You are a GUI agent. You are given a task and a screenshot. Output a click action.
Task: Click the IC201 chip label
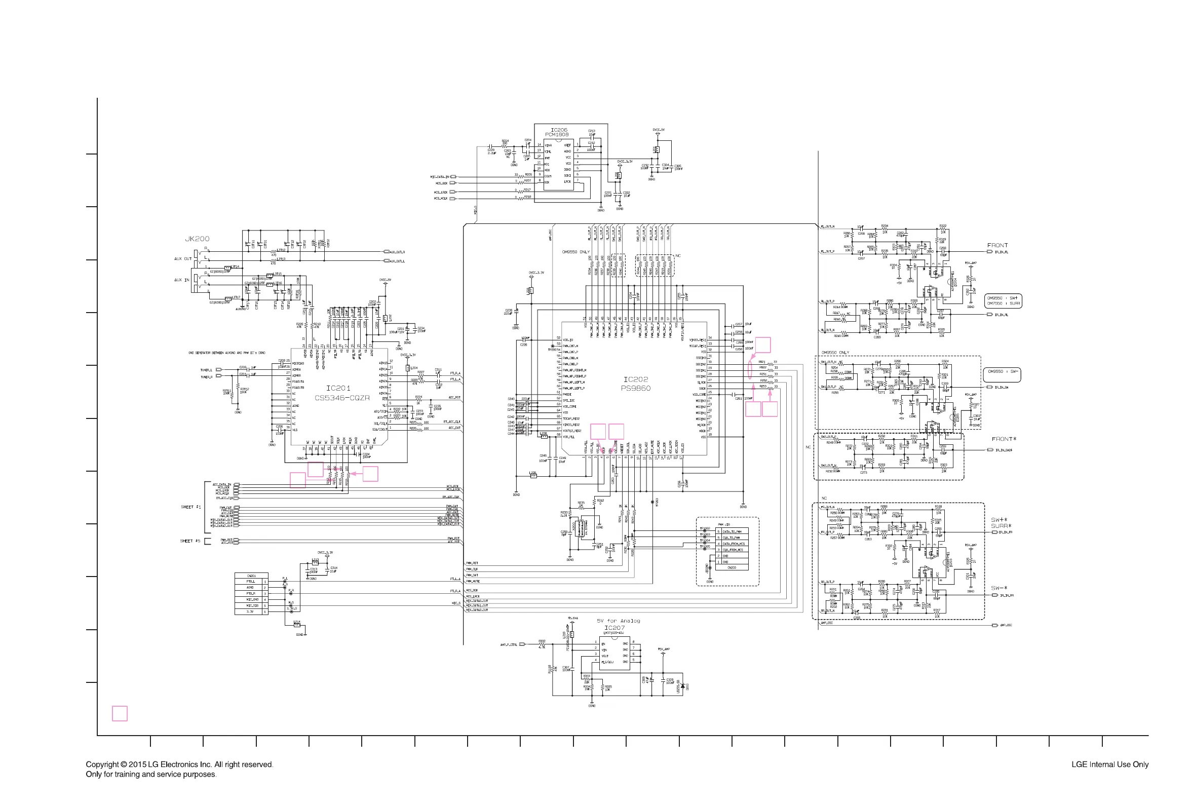(x=338, y=388)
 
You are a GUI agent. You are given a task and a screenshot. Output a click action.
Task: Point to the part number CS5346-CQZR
(x=342, y=398)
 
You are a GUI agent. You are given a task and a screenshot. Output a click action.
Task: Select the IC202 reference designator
(x=636, y=379)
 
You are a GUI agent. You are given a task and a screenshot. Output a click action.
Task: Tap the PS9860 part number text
(x=636, y=388)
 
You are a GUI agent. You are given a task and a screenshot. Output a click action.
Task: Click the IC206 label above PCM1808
(x=559, y=130)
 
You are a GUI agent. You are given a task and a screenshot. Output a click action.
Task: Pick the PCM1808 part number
(x=557, y=135)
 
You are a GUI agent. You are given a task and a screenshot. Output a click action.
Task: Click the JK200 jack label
(x=198, y=239)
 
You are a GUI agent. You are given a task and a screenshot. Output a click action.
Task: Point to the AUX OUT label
(x=182, y=259)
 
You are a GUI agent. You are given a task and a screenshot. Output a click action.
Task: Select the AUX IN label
(x=181, y=280)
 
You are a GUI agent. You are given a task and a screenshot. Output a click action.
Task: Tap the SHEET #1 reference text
(x=190, y=507)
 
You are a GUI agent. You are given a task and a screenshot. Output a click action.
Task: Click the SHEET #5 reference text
(x=189, y=541)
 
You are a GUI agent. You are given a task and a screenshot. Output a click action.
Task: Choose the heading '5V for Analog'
(x=619, y=621)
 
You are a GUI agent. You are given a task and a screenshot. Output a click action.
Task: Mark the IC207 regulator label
(x=614, y=628)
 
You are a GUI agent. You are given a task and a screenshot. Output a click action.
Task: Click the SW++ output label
(x=998, y=520)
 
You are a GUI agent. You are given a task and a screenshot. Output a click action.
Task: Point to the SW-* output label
(x=998, y=588)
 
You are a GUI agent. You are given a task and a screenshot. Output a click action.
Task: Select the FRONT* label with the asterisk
(x=1004, y=439)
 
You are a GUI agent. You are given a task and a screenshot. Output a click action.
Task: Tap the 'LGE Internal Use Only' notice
(x=1109, y=764)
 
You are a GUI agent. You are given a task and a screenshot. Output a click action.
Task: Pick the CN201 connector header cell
(x=251, y=576)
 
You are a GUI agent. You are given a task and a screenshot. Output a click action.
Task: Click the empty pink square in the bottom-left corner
(x=120, y=713)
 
